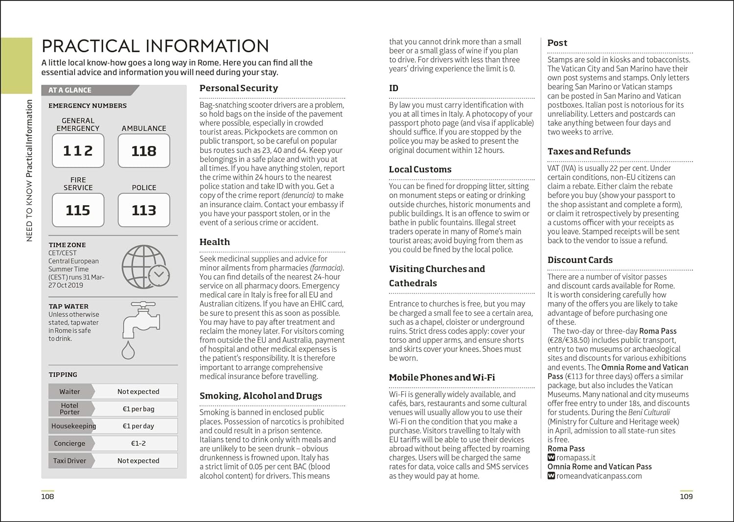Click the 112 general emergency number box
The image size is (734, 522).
coord(78,150)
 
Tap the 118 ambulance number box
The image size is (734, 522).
coord(144,150)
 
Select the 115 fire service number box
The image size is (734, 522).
coord(78,210)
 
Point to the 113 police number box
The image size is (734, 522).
coord(144,210)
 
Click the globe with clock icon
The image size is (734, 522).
coord(145,267)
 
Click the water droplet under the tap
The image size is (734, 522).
coord(128,351)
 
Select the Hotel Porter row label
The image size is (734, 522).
coord(70,409)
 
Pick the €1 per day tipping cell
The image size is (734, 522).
coord(138,426)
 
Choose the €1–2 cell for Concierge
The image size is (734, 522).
coord(138,443)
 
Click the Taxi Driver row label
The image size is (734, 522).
coord(69,461)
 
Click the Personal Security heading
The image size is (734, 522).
coord(239,88)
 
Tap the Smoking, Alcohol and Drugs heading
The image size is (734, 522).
coord(261,396)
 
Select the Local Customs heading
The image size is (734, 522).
coord(420,169)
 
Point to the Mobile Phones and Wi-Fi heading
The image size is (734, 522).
coord(442,378)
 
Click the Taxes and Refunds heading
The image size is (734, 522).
coord(589,151)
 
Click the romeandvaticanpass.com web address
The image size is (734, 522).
coord(599,476)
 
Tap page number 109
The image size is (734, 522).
coord(686,497)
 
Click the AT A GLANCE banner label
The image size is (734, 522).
coord(70,90)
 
